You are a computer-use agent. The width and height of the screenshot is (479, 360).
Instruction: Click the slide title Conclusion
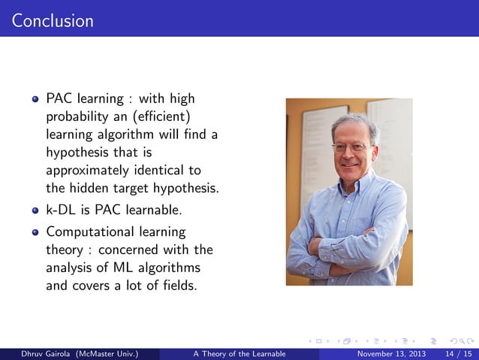click(53, 20)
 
